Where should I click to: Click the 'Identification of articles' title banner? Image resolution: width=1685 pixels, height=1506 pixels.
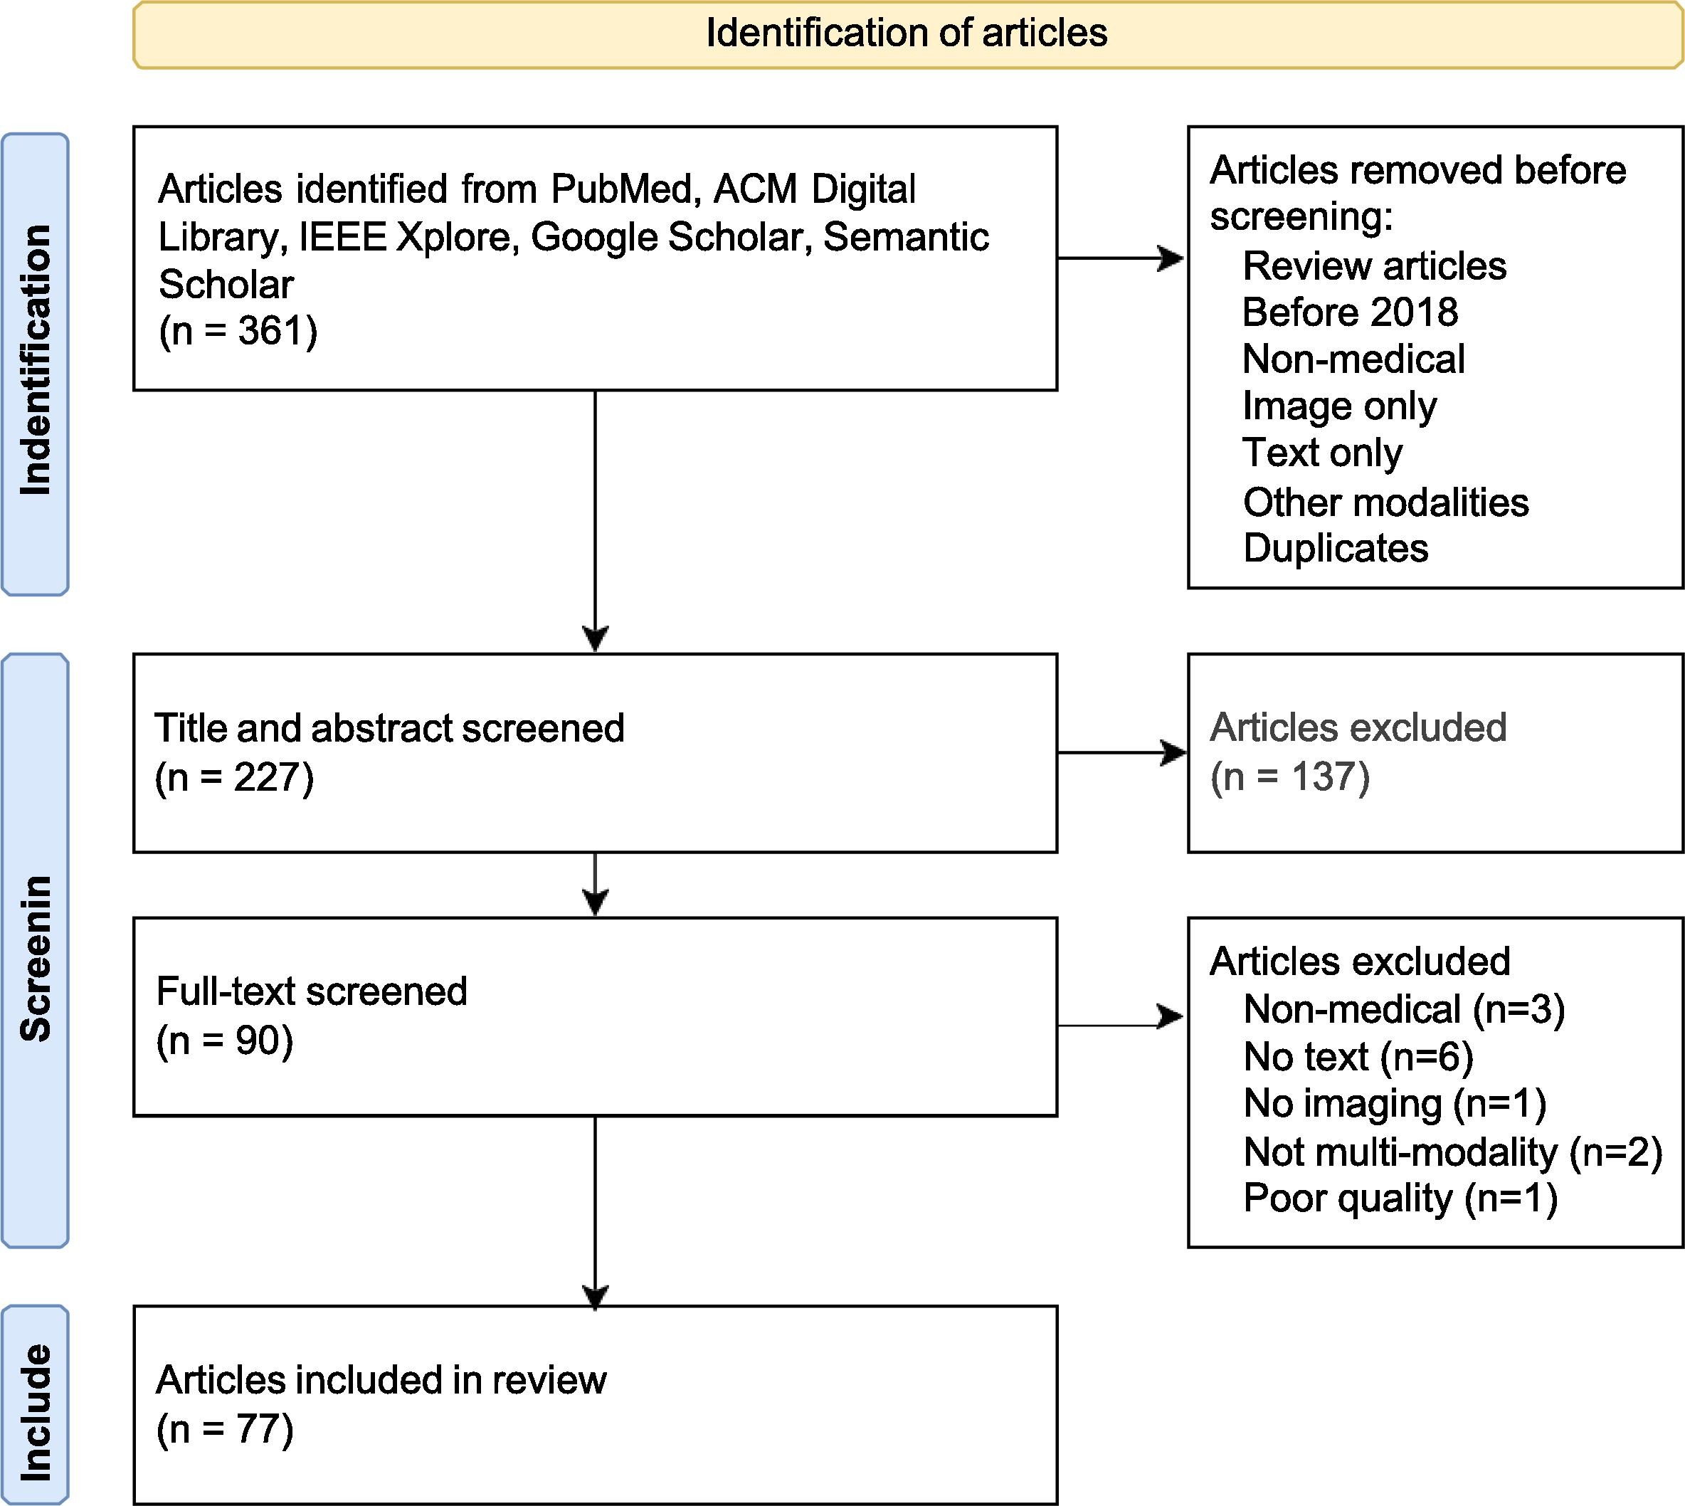907,34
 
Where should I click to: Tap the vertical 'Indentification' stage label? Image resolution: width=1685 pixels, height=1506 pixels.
36,361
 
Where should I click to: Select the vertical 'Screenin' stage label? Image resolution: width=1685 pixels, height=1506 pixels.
36,957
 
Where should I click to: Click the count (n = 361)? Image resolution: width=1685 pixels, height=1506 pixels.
238,331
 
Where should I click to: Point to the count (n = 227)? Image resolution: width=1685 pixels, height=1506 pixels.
235,777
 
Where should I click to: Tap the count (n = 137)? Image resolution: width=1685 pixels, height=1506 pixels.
1290,777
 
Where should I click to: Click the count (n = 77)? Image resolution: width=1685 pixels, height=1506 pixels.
225,1429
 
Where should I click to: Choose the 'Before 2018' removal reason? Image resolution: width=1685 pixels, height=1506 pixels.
1350,312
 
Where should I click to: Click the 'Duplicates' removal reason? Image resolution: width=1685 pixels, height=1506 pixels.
1336,548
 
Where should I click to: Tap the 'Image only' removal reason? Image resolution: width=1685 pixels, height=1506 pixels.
1340,406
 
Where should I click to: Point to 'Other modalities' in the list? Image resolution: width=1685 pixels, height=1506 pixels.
1386,502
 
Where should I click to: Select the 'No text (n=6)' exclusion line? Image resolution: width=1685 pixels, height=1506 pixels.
1358,1057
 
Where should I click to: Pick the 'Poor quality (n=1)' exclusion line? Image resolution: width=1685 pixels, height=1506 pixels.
1400,1198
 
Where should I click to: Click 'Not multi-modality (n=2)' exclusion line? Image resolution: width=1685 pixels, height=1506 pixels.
1452,1152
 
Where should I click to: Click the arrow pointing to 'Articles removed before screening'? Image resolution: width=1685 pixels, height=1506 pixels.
1121,258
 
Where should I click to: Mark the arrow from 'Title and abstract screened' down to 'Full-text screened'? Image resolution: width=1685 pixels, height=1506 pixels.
596,884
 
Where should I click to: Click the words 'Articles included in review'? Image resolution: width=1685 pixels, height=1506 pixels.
381,1379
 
